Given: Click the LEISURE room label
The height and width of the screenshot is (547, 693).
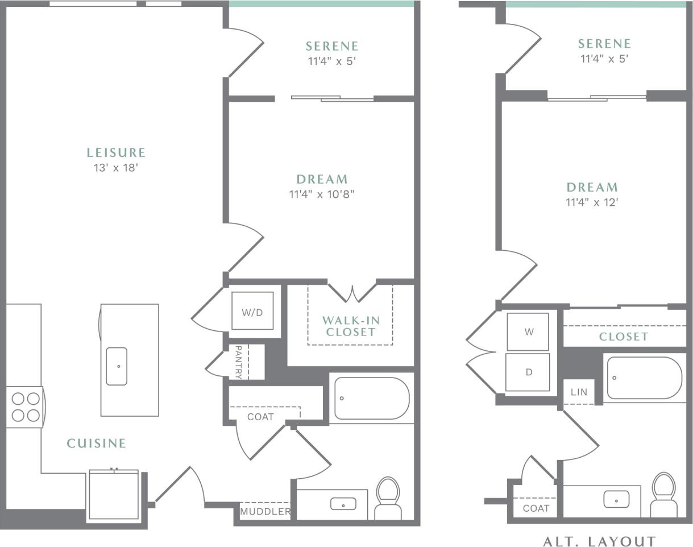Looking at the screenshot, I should [116, 152].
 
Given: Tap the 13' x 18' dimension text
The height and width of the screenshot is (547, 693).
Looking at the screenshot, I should [116, 168].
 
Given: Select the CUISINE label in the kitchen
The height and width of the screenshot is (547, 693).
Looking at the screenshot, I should [96, 443].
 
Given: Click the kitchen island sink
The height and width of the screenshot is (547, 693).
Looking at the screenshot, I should [117, 366].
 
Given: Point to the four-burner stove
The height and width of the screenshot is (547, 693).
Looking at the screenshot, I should [25, 407].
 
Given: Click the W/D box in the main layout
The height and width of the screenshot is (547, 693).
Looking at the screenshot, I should [252, 312].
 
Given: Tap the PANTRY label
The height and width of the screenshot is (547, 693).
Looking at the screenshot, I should [239, 362].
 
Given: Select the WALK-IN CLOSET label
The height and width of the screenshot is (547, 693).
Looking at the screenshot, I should [350, 326].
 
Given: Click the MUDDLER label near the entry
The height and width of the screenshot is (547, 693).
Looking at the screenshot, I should [265, 511].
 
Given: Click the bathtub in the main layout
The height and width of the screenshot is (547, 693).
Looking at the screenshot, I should [371, 398].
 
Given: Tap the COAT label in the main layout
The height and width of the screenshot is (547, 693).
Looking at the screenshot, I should [260, 417].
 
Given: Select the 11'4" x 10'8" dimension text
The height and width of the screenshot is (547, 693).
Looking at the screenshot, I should [321, 194].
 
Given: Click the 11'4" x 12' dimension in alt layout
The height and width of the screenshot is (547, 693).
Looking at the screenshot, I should [592, 202].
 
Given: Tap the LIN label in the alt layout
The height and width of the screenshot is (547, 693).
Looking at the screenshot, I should [579, 392].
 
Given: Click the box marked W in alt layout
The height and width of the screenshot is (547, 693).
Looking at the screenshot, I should [528, 331].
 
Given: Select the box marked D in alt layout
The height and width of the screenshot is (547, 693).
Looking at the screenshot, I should [528, 372].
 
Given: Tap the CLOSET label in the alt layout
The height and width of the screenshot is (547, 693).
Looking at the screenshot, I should [624, 337].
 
